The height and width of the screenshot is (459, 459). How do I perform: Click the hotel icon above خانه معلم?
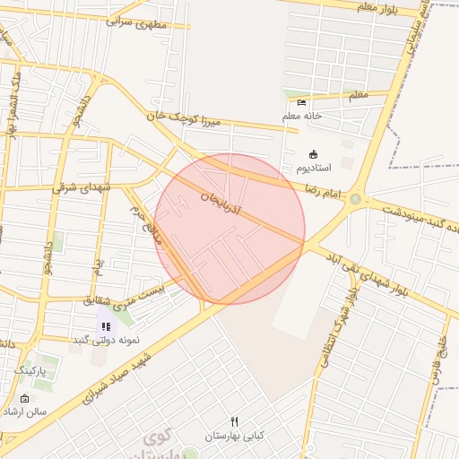[300, 102]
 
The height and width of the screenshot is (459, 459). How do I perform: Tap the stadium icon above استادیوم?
[312, 154]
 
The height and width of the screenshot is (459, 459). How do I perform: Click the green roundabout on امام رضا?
[356, 199]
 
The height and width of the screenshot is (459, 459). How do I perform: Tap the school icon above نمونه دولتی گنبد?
[105, 327]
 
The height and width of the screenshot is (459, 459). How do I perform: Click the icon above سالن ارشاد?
[24, 399]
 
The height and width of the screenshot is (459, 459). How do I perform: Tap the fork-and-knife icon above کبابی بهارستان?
[235, 421]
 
